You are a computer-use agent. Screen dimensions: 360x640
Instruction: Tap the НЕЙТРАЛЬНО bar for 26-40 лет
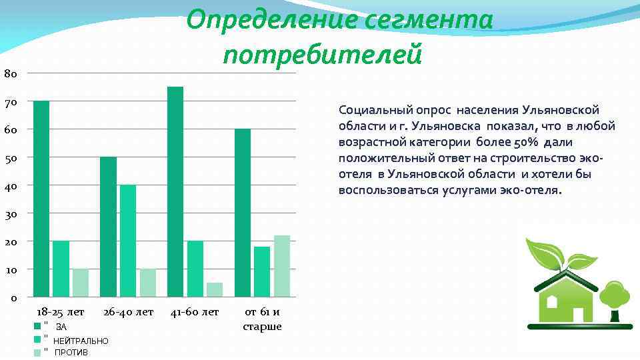point(128,241)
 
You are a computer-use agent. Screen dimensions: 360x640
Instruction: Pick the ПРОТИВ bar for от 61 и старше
point(282,266)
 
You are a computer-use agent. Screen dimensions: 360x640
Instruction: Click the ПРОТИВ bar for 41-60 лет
point(215,289)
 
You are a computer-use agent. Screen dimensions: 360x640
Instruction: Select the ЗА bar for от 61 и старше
point(243,213)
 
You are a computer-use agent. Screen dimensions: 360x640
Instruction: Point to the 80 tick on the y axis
point(10,73)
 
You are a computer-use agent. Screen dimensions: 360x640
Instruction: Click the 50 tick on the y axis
point(10,157)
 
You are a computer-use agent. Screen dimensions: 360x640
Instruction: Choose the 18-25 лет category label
point(61,312)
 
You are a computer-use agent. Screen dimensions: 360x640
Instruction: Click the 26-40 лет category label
point(128,312)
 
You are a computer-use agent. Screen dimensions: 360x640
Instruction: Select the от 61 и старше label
point(262,319)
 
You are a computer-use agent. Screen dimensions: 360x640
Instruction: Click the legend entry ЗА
point(61,327)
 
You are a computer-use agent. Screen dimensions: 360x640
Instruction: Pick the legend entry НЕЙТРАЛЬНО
point(81,341)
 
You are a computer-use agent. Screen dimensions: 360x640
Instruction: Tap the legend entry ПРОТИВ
point(71,352)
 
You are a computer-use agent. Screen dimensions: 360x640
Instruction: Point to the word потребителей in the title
point(323,53)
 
